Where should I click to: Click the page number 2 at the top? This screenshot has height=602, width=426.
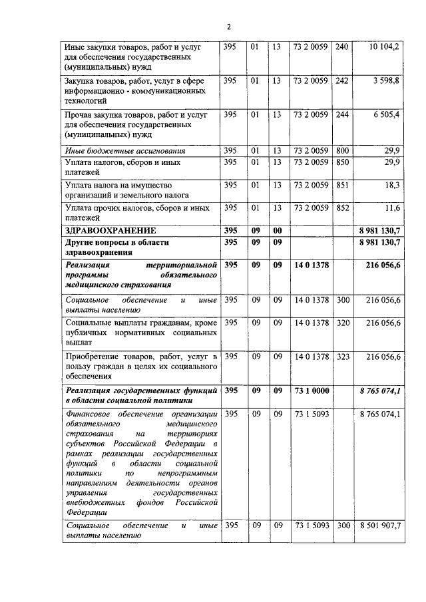point(228,27)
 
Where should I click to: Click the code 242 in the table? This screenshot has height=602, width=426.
point(342,80)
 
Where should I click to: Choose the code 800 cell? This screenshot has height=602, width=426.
point(342,151)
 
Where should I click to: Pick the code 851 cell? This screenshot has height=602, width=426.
point(342,184)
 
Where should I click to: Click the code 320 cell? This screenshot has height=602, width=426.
point(342,323)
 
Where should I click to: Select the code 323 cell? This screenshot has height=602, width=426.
point(342,357)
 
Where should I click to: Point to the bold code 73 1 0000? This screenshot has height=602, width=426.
point(311,390)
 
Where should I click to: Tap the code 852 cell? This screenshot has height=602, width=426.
point(342,208)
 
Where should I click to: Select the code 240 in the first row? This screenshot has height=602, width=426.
point(342,47)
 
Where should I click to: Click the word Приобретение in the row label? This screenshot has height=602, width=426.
point(94,357)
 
